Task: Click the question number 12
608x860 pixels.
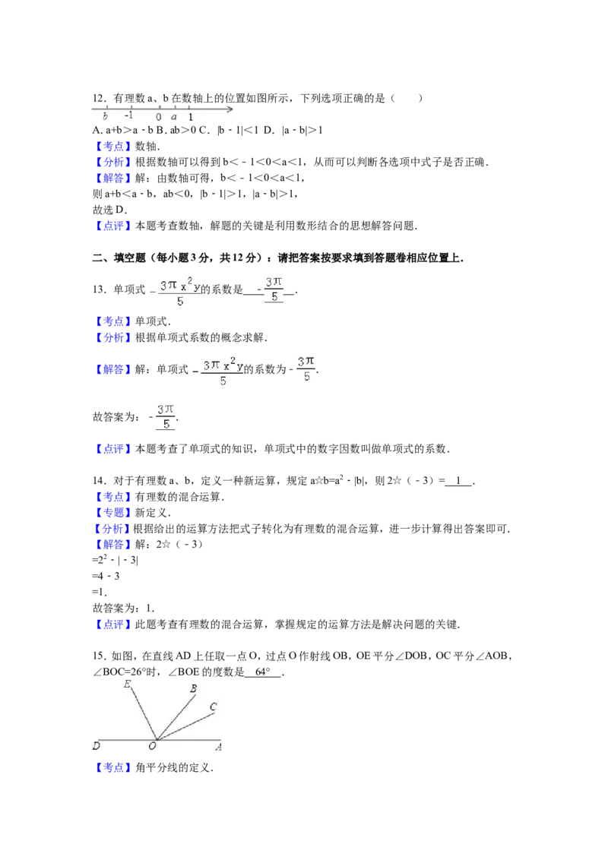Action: click(x=99, y=98)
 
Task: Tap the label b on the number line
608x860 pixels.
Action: click(x=106, y=116)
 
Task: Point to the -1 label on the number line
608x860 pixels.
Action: click(x=128, y=115)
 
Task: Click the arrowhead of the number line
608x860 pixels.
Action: click(x=230, y=109)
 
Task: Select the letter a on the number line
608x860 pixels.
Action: click(x=174, y=117)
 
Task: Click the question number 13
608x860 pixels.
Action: click(x=99, y=289)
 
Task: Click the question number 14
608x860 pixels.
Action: click(x=99, y=480)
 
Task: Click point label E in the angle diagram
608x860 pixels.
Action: click(x=128, y=684)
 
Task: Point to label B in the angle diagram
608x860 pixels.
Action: click(x=193, y=688)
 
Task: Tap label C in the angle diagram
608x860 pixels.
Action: click(x=214, y=707)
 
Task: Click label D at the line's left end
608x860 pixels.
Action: click(x=97, y=746)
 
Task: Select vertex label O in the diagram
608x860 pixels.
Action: click(x=152, y=746)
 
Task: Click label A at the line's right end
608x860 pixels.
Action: click(x=218, y=747)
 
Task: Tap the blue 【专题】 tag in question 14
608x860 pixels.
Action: click(x=113, y=513)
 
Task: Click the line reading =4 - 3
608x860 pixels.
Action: click(x=106, y=576)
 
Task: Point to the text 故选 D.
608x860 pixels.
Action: click(x=109, y=210)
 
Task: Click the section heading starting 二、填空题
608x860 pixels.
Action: click(x=277, y=258)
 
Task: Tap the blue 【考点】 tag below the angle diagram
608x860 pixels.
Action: click(x=113, y=767)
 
